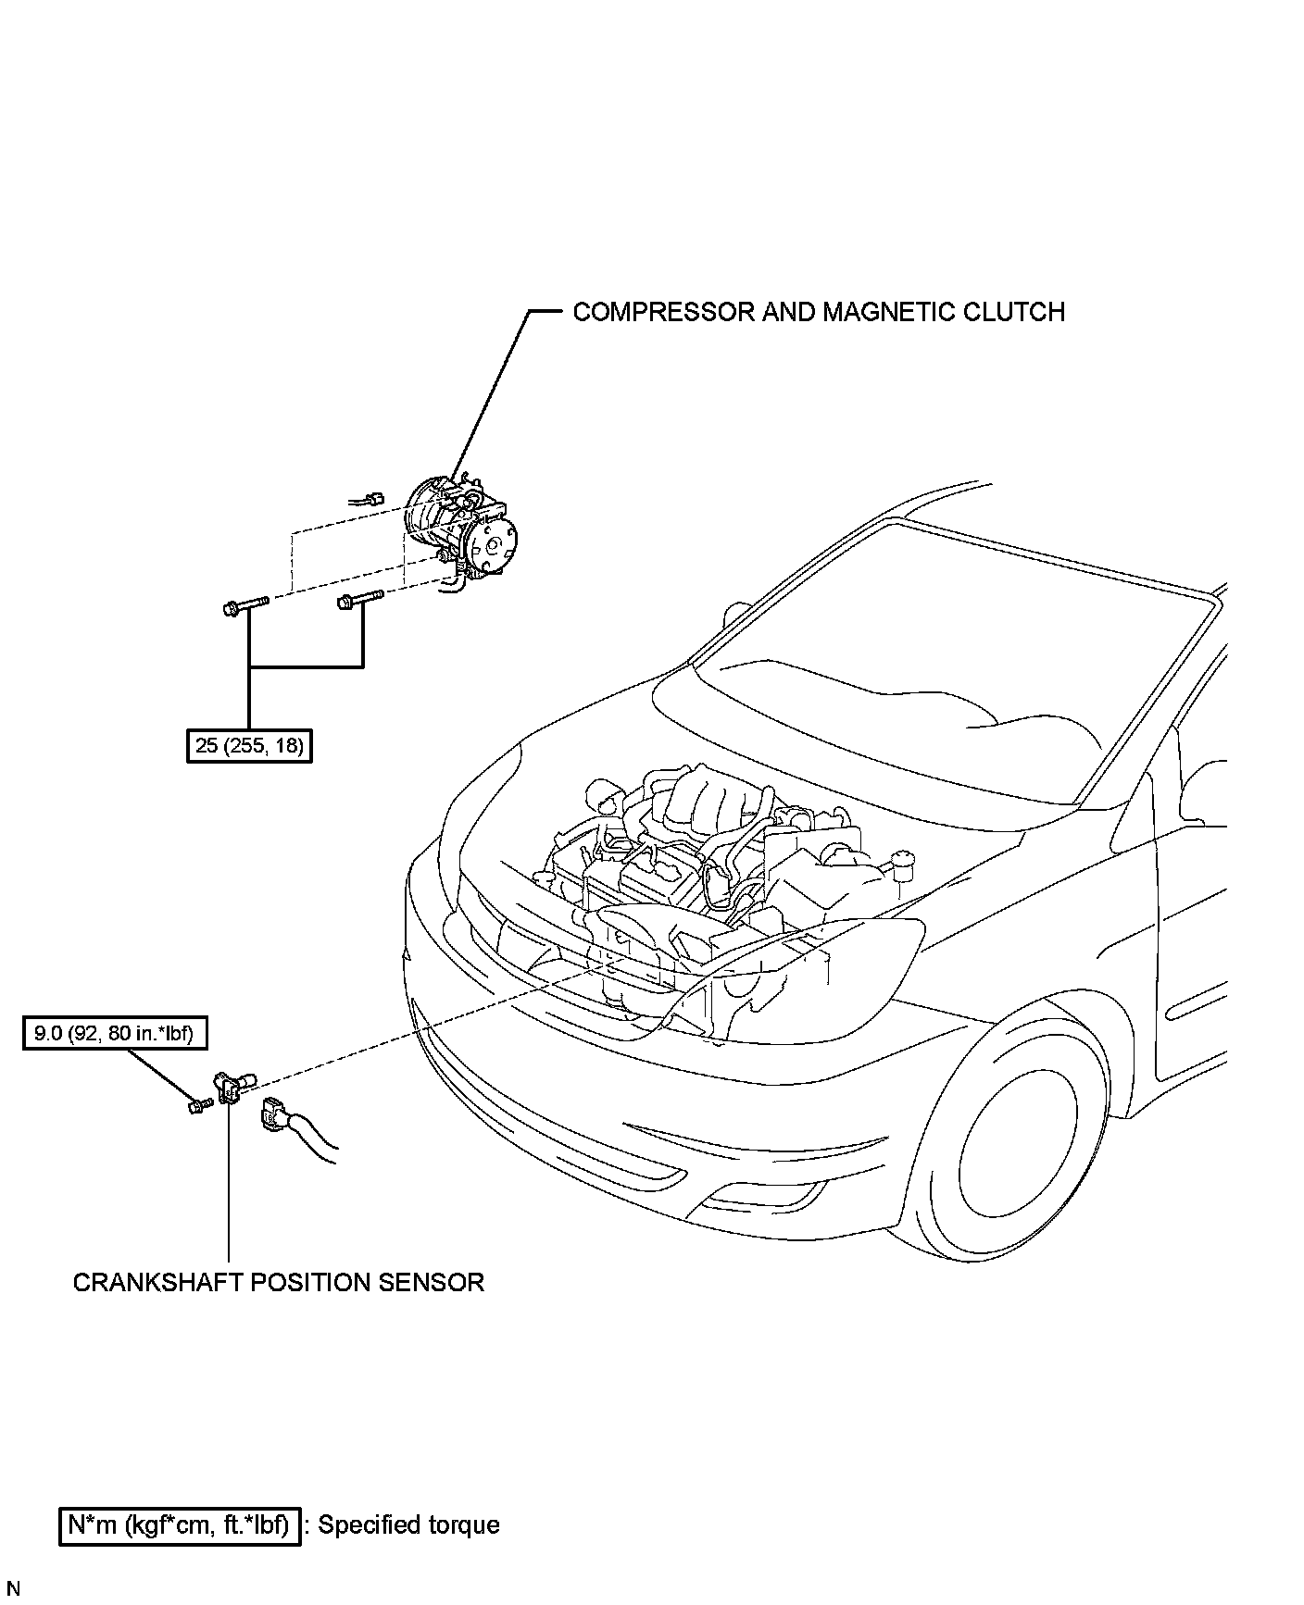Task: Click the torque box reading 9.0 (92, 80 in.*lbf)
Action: (114, 1033)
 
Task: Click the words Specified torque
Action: (408, 1525)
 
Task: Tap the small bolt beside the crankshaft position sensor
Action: (195, 1105)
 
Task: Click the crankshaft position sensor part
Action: (232, 1087)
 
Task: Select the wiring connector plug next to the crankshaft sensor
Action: (274, 1114)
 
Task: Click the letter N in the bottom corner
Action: (13, 1589)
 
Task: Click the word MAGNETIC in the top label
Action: (881, 312)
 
